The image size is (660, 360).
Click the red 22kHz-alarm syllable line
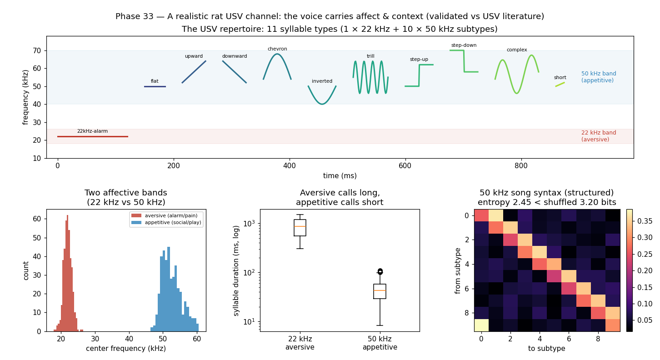point(93,137)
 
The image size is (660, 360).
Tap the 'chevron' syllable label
point(277,49)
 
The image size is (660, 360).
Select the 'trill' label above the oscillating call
point(370,56)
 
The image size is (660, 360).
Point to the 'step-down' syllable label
point(464,45)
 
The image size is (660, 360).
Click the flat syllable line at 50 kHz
point(155,87)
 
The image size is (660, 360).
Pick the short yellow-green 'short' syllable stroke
point(560,85)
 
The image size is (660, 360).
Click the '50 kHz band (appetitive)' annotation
point(599,77)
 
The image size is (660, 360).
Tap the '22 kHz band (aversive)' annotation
point(599,136)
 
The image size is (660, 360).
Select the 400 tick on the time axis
point(290,166)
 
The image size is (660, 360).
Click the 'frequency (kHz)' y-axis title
point(25,98)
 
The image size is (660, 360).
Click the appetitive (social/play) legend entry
point(166,222)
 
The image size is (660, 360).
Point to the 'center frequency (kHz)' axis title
point(126,349)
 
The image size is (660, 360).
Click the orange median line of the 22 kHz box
point(300,226)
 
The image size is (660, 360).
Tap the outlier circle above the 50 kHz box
point(380,271)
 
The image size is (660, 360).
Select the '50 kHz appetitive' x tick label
point(380,343)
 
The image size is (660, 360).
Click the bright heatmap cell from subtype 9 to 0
point(481,325)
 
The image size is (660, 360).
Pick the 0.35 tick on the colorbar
point(643,221)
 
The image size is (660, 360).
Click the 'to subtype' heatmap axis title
point(546,349)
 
